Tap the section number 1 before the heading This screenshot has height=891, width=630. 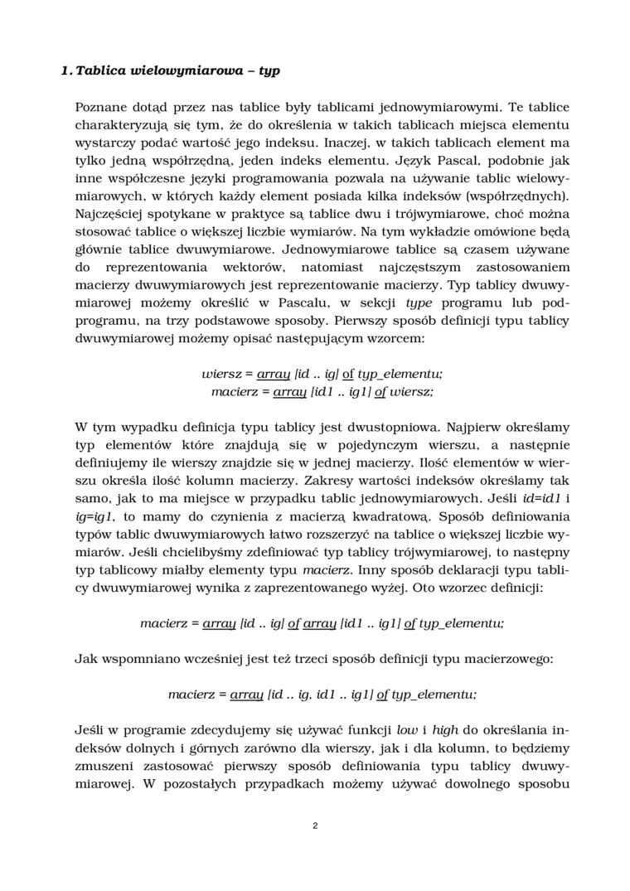tap(65, 70)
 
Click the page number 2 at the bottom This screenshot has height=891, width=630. tap(315, 826)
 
